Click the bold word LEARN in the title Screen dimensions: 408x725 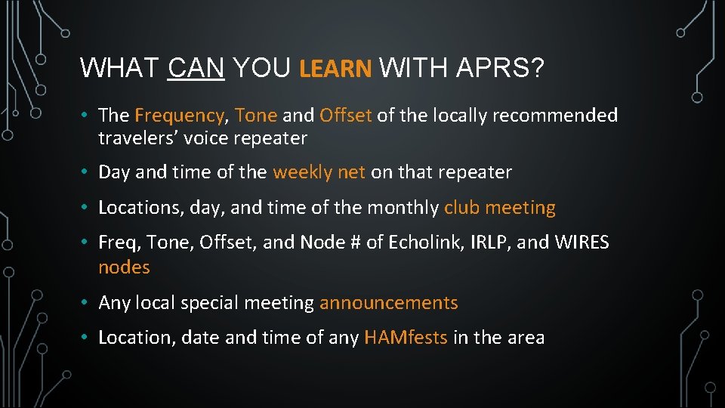(335, 69)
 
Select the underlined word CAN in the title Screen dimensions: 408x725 (196, 69)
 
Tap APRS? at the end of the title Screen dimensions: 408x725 (501, 69)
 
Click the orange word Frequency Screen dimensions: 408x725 (179, 116)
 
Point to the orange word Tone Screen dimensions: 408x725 (256, 116)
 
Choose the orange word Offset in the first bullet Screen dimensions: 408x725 (345, 116)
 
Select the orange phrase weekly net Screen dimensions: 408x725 (319, 172)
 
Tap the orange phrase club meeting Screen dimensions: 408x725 (499, 208)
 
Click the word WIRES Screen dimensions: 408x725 (582, 243)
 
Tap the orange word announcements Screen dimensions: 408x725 (388, 303)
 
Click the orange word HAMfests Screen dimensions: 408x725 (406, 338)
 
